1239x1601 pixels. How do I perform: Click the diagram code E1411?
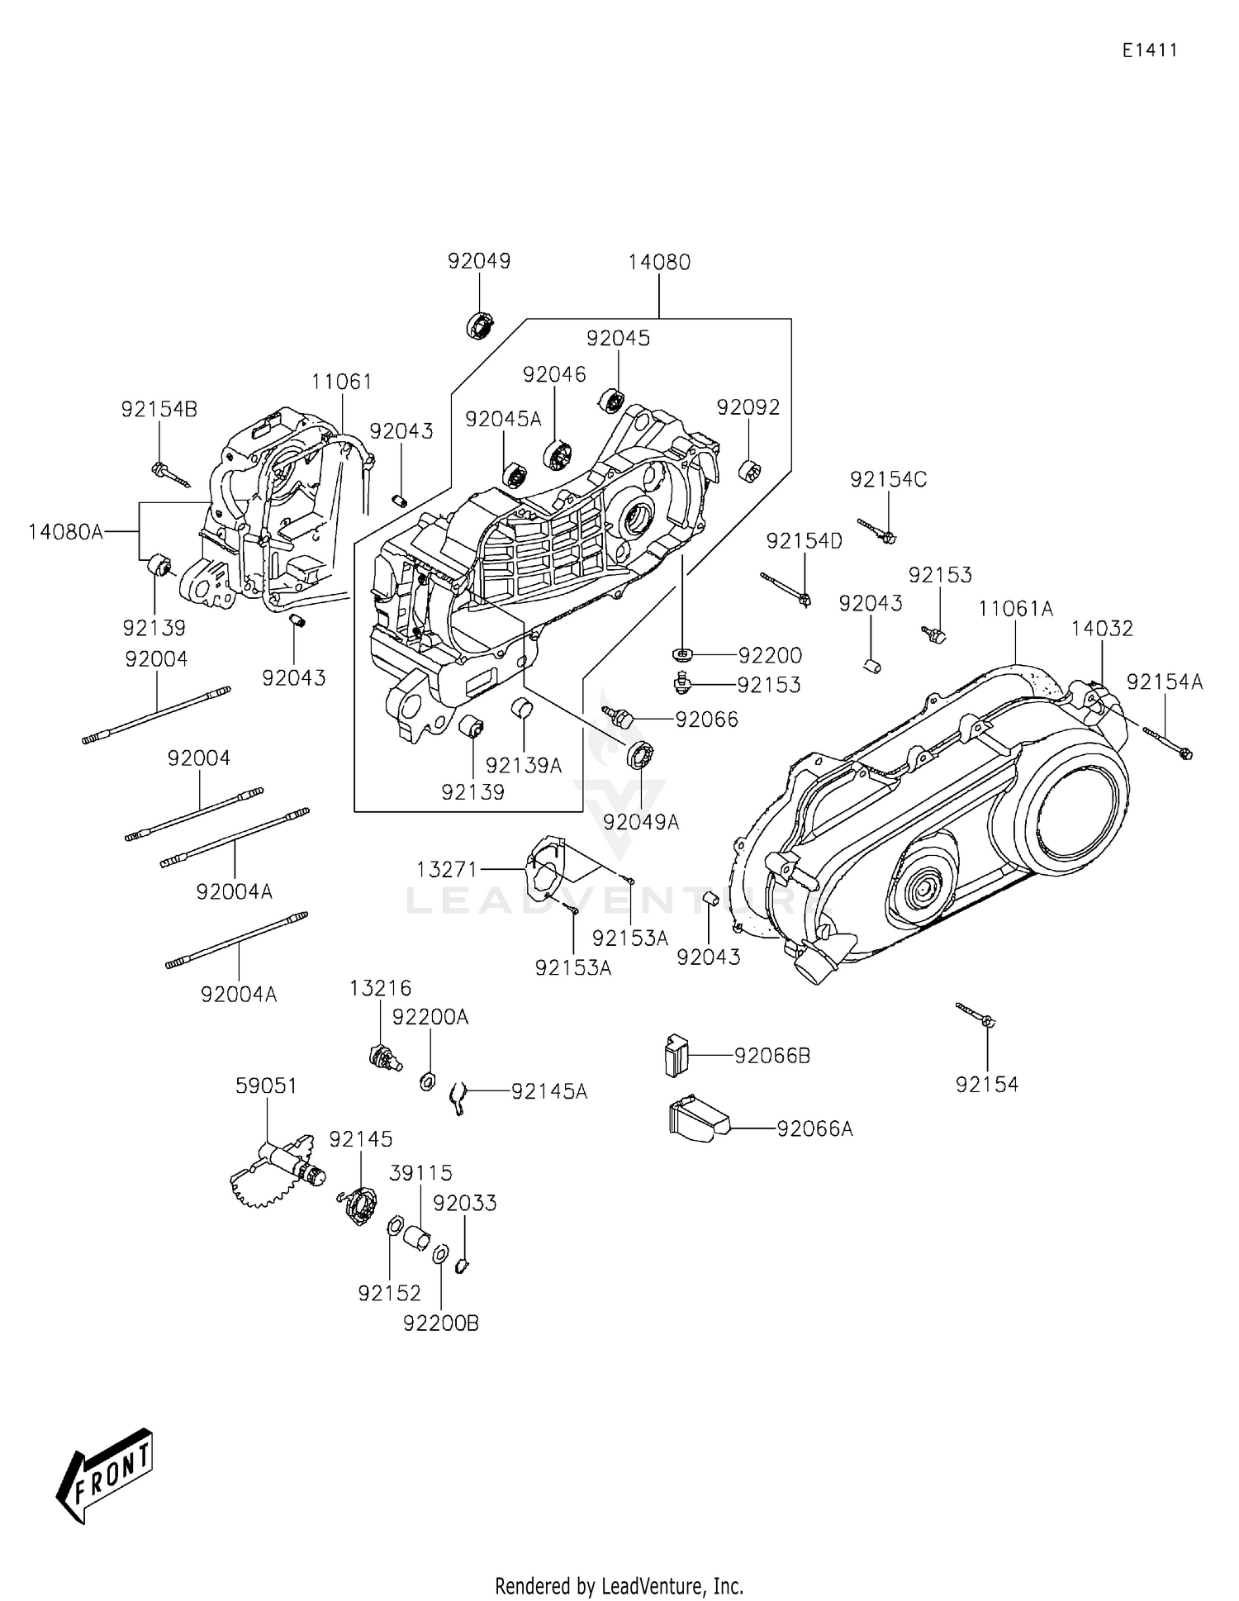(x=1149, y=50)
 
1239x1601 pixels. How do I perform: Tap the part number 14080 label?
(x=658, y=262)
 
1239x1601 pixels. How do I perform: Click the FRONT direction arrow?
(x=106, y=1475)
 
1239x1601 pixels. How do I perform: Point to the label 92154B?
(x=159, y=409)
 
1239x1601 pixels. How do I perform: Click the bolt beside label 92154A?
(x=1167, y=741)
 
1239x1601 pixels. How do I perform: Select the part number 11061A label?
(x=1015, y=609)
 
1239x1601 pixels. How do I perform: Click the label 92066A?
(x=814, y=1128)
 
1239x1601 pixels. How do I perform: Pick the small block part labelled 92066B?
(x=676, y=1055)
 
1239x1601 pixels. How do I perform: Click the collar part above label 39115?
(x=418, y=1238)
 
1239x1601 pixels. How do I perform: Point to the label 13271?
(x=447, y=869)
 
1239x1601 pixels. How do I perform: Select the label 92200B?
(x=441, y=1323)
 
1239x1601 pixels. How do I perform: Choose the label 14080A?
(x=66, y=531)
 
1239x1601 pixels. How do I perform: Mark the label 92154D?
(x=804, y=541)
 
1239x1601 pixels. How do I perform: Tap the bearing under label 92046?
(x=558, y=455)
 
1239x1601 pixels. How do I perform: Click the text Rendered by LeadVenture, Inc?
(x=619, y=1585)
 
